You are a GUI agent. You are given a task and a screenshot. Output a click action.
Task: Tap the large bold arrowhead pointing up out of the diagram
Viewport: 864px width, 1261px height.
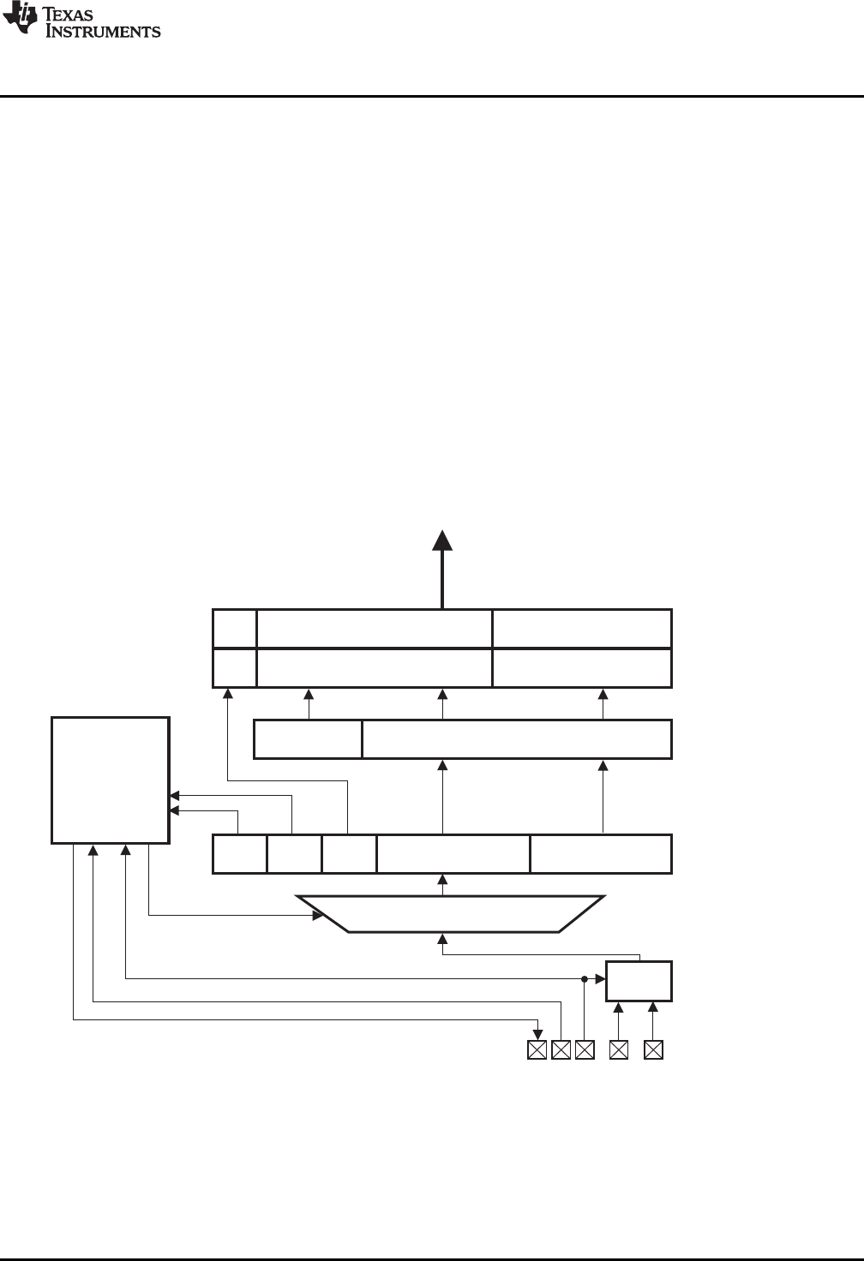442,541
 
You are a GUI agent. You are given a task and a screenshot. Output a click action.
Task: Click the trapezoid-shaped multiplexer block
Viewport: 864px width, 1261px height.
451,914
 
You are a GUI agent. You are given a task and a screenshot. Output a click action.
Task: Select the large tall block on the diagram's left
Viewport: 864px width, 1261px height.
110,780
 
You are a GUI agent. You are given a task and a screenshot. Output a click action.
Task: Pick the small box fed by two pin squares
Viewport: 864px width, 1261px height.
639,981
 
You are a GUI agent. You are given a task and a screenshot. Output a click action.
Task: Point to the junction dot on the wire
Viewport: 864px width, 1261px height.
585,977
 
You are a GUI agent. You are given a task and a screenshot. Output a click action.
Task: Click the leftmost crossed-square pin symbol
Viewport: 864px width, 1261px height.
537,1049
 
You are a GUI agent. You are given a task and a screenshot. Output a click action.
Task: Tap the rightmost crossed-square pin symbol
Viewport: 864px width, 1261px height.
653,1049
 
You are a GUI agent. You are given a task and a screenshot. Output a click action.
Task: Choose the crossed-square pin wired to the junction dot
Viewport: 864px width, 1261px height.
585,1049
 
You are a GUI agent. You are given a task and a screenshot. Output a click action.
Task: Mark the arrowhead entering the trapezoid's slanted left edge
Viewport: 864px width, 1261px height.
318,916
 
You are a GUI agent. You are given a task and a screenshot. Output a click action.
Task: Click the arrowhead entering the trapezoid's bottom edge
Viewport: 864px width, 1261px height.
442,940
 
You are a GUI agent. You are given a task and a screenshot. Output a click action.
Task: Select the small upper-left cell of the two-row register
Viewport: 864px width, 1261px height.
234,629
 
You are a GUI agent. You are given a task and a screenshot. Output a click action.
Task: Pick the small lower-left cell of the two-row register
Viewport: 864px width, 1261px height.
234,668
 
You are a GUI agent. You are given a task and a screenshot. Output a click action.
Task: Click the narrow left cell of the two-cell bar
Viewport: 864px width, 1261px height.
308,739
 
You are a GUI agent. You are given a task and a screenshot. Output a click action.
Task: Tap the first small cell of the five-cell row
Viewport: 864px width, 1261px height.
239,853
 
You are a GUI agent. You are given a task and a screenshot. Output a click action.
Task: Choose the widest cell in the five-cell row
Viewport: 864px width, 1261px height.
453,853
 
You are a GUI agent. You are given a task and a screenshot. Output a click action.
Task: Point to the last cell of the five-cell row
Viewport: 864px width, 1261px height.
601,853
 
